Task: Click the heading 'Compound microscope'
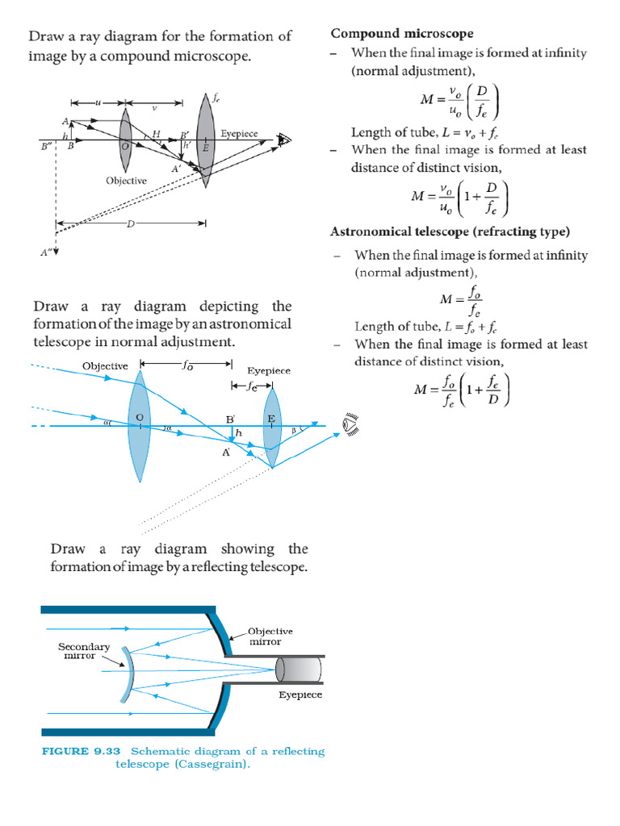point(402,33)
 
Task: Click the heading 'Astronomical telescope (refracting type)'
point(450,232)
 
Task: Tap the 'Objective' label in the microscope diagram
point(126,181)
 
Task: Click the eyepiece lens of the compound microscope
point(205,137)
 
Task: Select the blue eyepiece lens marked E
point(272,428)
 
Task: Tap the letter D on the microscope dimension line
point(129,223)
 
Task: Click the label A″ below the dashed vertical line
point(46,252)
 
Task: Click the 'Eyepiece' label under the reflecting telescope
point(300,695)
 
